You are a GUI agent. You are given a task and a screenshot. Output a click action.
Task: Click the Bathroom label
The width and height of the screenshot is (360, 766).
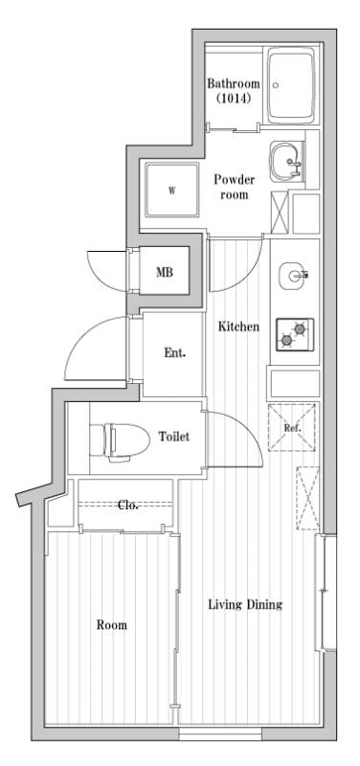[x=234, y=83]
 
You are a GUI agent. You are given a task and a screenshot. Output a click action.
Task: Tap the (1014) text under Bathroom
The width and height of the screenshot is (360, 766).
[x=232, y=98]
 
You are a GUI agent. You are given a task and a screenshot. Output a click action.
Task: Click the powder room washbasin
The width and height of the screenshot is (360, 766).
[x=285, y=162]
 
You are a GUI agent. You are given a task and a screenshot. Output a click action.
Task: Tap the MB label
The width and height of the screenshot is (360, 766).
[x=164, y=273]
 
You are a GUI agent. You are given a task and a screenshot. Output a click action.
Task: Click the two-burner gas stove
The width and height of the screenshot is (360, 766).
[x=295, y=334]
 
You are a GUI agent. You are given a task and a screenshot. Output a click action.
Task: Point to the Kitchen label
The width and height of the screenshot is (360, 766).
[x=238, y=327]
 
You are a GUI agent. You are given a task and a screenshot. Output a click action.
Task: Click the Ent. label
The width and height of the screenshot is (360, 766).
[x=173, y=352]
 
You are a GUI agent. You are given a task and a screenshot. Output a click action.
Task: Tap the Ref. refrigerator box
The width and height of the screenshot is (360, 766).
[x=293, y=427]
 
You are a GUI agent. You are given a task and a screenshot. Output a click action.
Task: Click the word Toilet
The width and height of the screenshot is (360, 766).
[x=174, y=437]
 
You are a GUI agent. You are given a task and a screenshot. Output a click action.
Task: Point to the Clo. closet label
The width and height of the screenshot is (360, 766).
[x=127, y=505]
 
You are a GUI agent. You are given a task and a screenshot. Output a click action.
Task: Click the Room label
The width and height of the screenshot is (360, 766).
[x=111, y=625]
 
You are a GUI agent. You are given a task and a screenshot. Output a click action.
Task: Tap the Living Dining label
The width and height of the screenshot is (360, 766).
[x=245, y=605]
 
